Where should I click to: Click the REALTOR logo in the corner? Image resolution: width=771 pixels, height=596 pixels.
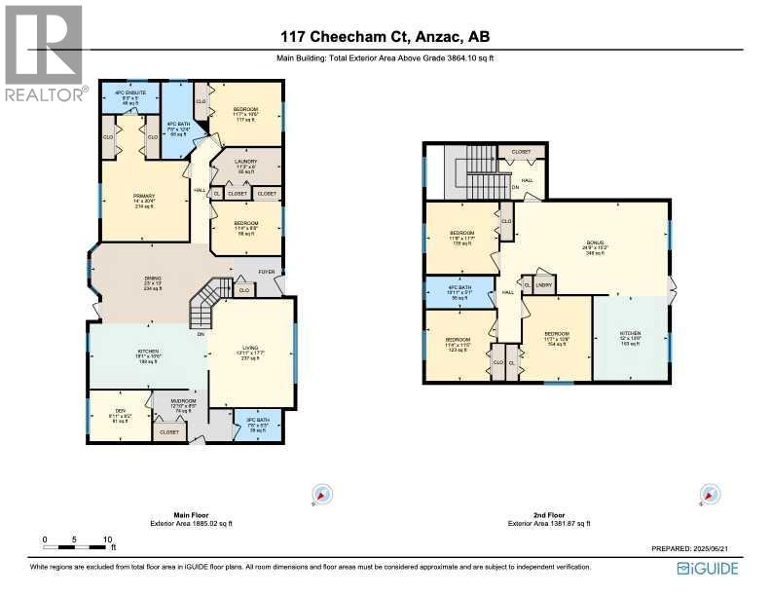click(x=44, y=53)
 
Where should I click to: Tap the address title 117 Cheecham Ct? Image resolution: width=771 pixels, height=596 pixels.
click(x=385, y=38)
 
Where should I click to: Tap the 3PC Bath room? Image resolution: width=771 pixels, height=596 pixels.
click(x=257, y=426)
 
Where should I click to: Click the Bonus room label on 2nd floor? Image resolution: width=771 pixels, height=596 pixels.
click(x=595, y=245)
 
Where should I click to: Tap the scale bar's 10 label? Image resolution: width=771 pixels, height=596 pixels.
click(x=108, y=539)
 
